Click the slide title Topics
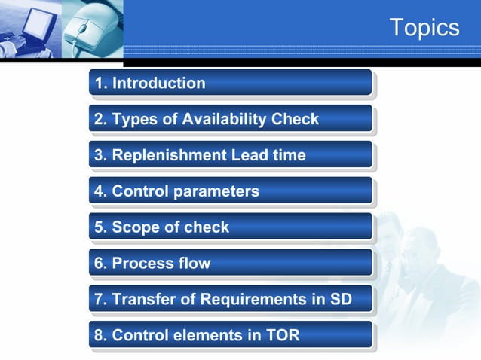(x=424, y=28)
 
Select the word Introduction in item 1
(x=158, y=83)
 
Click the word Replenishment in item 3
(x=169, y=155)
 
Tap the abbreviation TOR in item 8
(x=282, y=336)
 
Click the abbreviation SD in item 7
(x=340, y=300)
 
